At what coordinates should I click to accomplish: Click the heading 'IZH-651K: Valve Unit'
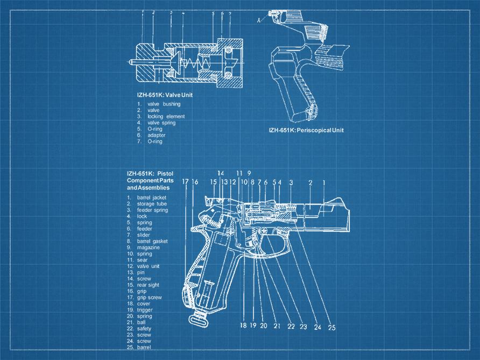coord(164,95)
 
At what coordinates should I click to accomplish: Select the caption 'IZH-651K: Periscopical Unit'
coord(306,130)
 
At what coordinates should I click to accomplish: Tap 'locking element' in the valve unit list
coord(166,116)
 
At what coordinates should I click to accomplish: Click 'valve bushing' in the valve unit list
coord(164,104)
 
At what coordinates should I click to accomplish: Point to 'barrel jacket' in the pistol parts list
coord(152,197)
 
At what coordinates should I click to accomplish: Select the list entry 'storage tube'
coord(152,204)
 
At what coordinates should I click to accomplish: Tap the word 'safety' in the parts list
coord(145,329)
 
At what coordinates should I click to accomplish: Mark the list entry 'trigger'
coord(145,310)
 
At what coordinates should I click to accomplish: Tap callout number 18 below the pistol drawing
coord(243,326)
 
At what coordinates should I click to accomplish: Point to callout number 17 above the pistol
coord(186,182)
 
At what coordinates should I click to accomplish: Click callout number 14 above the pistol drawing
coord(221,173)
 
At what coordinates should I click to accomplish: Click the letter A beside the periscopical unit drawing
coord(259,20)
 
